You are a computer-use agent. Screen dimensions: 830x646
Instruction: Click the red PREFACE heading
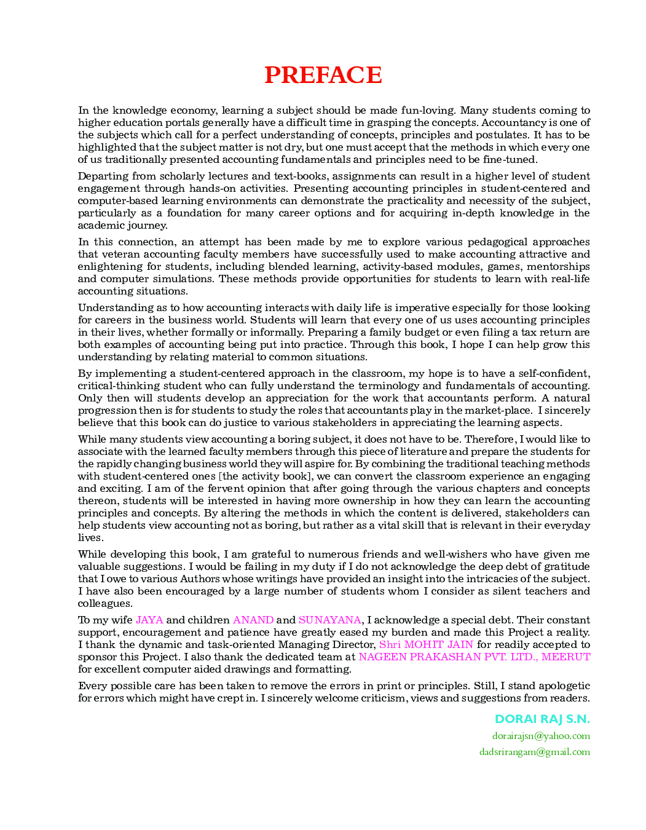(323, 75)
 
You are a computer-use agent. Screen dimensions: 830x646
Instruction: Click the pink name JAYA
(149, 620)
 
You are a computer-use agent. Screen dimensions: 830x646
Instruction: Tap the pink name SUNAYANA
(329, 620)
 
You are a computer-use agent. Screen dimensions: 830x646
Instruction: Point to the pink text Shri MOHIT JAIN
(426, 644)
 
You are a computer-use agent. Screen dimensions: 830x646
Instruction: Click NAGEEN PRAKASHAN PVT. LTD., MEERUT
(474, 657)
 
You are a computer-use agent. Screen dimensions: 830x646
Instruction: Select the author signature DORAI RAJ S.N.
(542, 719)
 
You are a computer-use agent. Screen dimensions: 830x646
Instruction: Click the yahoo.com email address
(541, 736)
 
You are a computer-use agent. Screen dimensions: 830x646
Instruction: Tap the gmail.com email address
(534, 752)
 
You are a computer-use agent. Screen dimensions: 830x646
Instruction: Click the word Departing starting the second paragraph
(100, 176)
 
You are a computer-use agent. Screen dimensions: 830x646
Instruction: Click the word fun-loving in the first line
(427, 110)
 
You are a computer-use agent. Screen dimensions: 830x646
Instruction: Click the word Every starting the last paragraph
(91, 686)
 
